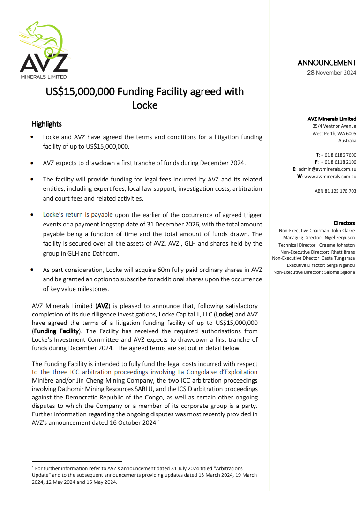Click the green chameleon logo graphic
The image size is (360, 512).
[45, 37]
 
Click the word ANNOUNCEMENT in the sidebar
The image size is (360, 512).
[327, 63]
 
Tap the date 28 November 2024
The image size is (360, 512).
[331, 73]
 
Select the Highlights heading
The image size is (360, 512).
[46, 124]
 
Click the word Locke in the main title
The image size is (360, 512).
[144, 105]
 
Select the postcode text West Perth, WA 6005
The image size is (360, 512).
[334, 133]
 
